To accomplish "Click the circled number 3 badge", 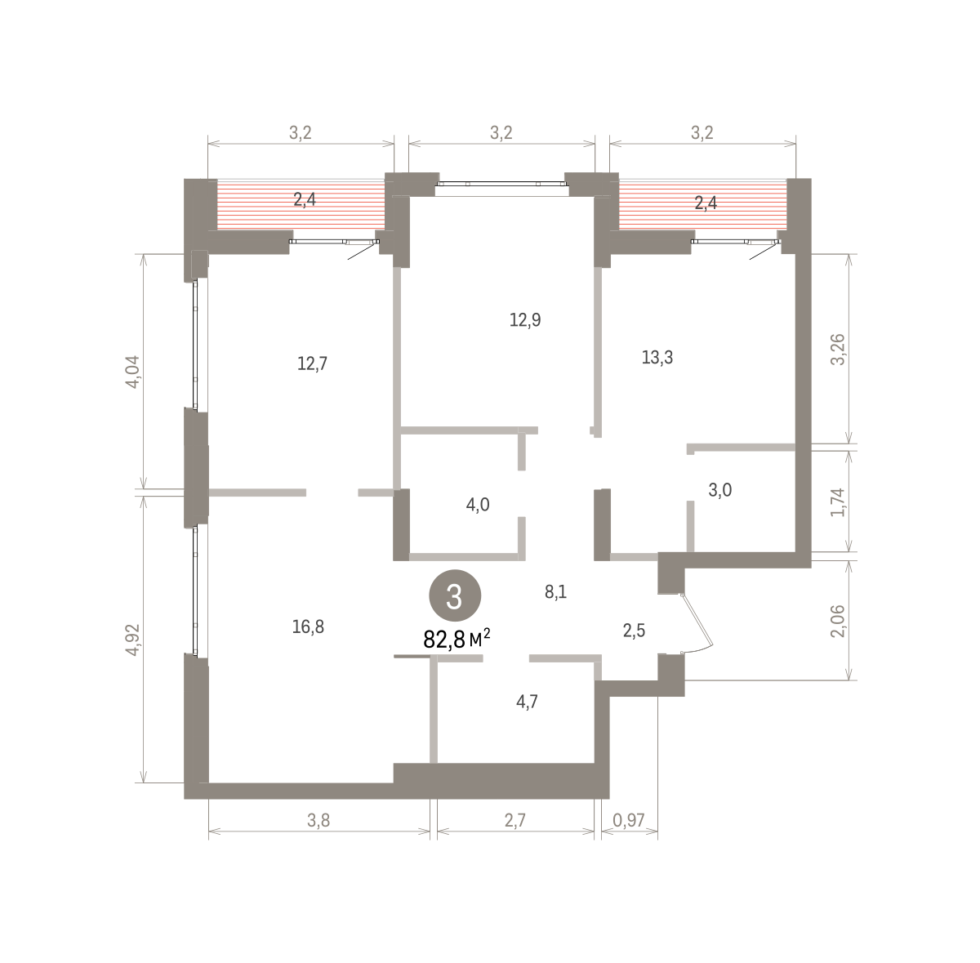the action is tap(455, 595).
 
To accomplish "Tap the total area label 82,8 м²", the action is tap(457, 639).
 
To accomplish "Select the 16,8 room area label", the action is tap(308, 627).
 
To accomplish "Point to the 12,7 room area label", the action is tap(312, 363).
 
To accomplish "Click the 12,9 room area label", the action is tap(525, 320).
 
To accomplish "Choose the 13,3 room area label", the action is tap(657, 358).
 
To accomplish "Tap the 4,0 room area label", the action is tap(478, 505).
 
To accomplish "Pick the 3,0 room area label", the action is tap(720, 490).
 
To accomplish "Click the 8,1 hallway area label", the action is tap(556, 592).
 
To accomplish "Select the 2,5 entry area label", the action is tap(635, 631).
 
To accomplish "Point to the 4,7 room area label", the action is tap(527, 702).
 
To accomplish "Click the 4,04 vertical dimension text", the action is tap(132, 372).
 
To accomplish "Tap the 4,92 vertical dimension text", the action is tap(132, 639).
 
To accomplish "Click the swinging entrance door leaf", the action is tap(698, 620).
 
